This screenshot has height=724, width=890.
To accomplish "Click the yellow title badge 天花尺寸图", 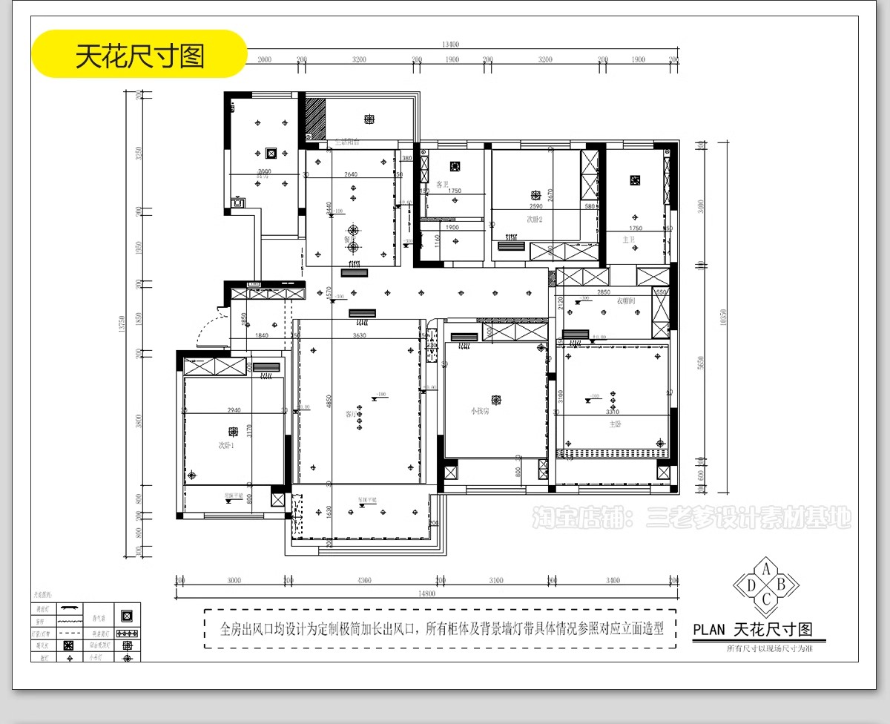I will [x=139, y=54].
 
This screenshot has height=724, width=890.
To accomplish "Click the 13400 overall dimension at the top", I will [x=450, y=45].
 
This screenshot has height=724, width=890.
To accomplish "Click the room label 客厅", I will [x=350, y=414].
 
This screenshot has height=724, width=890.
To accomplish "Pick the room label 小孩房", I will [x=479, y=410].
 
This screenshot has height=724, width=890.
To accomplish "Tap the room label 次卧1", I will [x=225, y=446].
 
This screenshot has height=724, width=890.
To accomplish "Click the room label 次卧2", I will [x=535, y=220].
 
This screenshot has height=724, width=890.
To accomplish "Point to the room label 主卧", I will [x=614, y=425].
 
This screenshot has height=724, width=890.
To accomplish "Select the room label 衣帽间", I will [x=625, y=301].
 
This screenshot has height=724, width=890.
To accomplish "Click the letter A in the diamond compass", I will [x=766, y=569].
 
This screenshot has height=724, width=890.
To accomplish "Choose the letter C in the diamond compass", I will [x=766, y=598].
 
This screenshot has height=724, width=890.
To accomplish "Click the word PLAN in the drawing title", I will [x=708, y=631].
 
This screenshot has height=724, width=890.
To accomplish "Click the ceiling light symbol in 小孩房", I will [x=496, y=399].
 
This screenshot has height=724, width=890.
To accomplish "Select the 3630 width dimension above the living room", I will [x=359, y=336].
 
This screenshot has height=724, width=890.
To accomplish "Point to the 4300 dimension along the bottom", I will [x=364, y=581].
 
